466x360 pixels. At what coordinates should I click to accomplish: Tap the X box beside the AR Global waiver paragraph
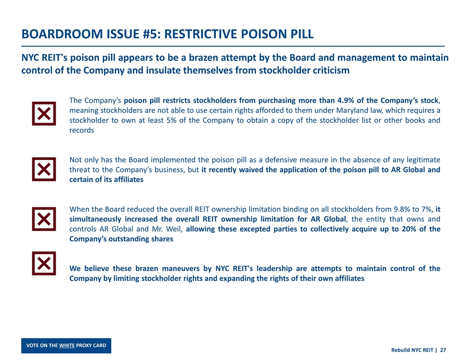click(x=44, y=169)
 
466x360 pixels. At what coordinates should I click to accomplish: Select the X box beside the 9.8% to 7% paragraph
click(x=44, y=219)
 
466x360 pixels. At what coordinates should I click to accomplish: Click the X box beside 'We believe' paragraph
click(x=44, y=263)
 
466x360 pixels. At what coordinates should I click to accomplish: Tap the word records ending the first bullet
click(x=82, y=131)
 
